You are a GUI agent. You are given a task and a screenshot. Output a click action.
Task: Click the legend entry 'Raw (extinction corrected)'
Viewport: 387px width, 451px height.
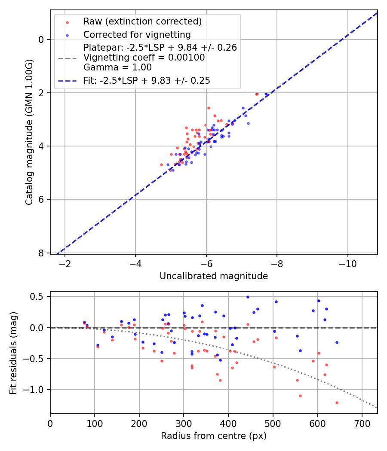(x=142, y=21)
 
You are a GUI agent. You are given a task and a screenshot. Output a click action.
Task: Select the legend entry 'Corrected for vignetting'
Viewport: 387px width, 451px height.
(x=137, y=34)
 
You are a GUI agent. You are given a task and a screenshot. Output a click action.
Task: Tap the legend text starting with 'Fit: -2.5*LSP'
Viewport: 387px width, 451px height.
(x=147, y=80)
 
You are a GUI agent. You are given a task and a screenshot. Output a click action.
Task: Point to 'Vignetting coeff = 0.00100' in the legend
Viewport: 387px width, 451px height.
(x=144, y=58)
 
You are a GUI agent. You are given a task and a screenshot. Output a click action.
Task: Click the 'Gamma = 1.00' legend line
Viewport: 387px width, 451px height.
(x=117, y=67)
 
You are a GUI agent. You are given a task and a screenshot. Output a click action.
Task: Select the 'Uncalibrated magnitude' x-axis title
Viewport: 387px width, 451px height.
(x=214, y=276)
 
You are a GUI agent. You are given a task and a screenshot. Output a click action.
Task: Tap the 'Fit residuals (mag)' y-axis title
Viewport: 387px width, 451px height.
(x=13, y=353)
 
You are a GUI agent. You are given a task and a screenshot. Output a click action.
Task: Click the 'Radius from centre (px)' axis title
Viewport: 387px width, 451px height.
(x=214, y=436)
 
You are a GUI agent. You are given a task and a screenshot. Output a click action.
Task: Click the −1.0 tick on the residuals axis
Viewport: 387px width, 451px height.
(x=37, y=390)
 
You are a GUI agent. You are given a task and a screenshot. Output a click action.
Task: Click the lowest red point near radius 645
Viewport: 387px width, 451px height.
(x=337, y=402)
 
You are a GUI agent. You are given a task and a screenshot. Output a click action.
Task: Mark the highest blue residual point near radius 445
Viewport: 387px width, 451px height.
(x=248, y=297)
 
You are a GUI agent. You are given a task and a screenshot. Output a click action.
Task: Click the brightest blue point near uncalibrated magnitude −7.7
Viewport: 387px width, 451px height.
(x=266, y=94)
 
